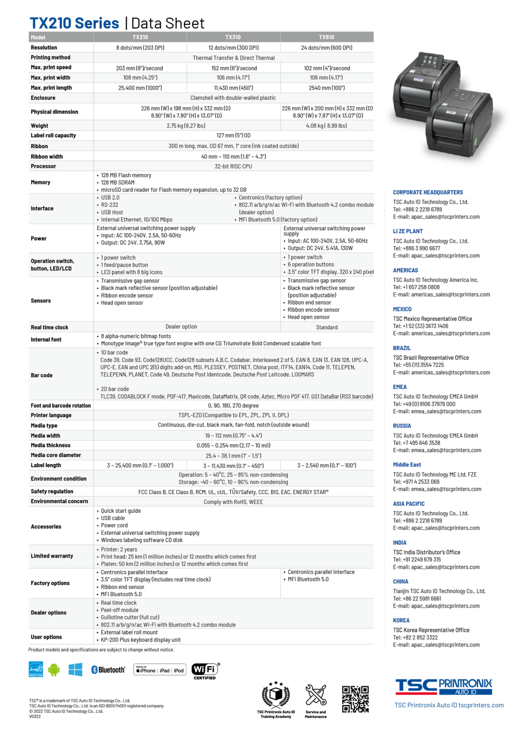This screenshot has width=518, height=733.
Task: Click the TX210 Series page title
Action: coord(74,23)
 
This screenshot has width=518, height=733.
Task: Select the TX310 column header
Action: coord(233,37)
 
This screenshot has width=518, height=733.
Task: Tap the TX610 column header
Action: coord(326,37)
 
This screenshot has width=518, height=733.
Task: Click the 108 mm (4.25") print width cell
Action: coord(140,78)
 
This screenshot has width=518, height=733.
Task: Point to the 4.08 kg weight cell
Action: coord(326,126)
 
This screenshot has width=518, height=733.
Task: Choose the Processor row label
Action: coord(44,166)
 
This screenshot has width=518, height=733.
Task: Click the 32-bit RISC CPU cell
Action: coord(233,166)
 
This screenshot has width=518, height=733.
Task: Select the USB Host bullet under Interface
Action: coord(112,213)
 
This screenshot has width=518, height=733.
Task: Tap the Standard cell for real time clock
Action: coord(326,328)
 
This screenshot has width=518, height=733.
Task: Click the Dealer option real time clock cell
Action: coord(181,327)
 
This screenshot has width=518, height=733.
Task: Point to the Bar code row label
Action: coord(41,375)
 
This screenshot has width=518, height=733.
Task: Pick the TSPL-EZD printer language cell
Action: coord(233,415)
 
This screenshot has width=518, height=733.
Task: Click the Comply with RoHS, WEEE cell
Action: coord(233,502)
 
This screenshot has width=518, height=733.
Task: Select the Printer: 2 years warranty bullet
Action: coord(119,549)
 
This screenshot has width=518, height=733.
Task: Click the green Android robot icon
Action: coord(54,669)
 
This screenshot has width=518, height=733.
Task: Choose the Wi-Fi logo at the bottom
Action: coord(205,669)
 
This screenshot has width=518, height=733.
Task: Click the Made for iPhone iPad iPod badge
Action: coord(160,670)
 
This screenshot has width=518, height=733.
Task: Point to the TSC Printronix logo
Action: coord(443,686)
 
